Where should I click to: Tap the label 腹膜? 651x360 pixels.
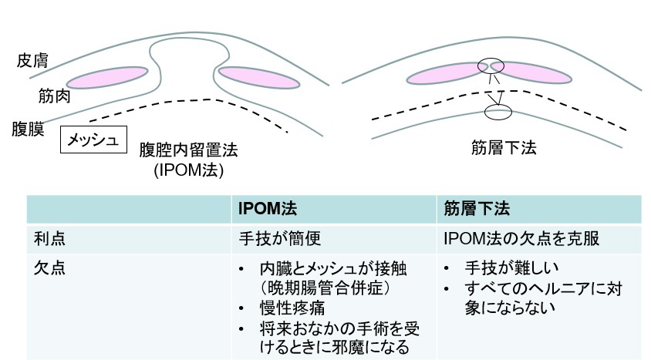point(28,129)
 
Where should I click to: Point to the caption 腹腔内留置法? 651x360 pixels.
point(188,150)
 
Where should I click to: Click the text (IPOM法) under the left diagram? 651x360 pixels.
point(188,170)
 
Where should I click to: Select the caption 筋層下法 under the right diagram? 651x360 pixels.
point(503,147)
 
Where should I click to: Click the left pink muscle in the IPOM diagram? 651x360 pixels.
point(107,77)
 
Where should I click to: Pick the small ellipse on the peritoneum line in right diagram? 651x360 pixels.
point(498,113)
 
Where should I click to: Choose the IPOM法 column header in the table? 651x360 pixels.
point(268,209)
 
